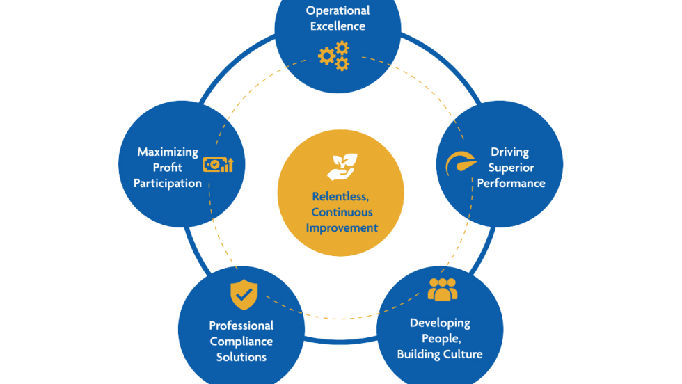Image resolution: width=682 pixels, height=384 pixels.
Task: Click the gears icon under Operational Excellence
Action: pos(333,56)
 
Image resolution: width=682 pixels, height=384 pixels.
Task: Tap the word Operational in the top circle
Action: pos(338,10)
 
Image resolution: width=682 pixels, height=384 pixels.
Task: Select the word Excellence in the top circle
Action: pos(338,26)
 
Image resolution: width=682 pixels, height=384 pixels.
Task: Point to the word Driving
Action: pos(509,152)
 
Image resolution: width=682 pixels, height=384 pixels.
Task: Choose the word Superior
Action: pos(511,168)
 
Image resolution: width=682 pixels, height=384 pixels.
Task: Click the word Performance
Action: pos(511,184)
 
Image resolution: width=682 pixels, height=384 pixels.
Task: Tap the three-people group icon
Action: pos(443,289)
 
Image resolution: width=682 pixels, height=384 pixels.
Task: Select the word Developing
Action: pos(440,323)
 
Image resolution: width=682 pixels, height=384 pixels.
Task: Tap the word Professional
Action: pos(241,326)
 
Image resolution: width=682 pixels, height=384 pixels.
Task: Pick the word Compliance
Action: pos(241,342)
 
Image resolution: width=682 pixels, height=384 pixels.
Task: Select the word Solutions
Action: pos(241,358)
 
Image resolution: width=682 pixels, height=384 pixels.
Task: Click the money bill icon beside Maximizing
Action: pos(218,165)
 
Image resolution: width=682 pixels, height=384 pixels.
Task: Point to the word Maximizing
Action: pos(168,152)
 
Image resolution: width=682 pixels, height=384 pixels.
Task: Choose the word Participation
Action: pos(168,184)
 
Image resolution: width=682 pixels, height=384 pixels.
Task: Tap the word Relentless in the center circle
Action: pos(340,197)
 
